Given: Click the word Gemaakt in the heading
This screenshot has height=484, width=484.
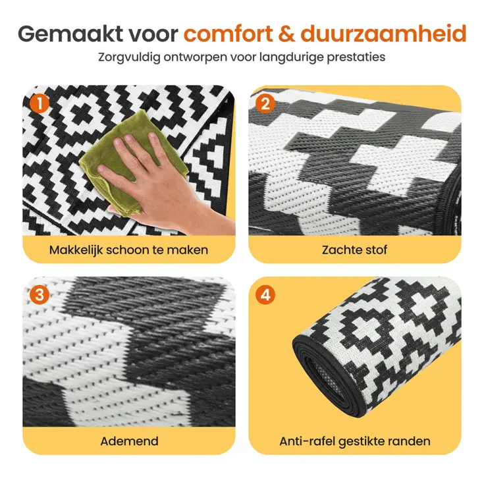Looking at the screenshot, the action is pyautogui.click(x=71, y=34).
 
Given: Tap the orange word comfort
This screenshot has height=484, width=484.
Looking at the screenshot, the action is pyautogui.click(x=229, y=34).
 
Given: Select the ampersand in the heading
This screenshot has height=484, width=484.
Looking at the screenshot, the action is pyautogui.click(x=286, y=34).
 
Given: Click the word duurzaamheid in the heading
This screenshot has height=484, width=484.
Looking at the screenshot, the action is pyautogui.click(x=383, y=34).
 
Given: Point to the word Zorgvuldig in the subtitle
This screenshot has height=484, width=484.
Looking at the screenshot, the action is pyautogui.click(x=129, y=58).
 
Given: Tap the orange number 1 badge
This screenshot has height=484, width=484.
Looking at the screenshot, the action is pyautogui.click(x=40, y=103).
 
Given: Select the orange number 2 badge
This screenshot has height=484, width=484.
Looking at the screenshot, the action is pyautogui.click(x=265, y=103).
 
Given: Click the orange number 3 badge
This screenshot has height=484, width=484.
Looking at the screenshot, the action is pyautogui.click(x=40, y=295).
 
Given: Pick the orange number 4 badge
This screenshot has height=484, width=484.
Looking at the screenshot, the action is pyautogui.click(x=265, y=295).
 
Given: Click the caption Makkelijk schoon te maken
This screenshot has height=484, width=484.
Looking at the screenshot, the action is pyautogui.click(x=128, y=250).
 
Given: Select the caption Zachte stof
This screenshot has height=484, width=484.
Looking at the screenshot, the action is pyautogui.click(x=354, y=250).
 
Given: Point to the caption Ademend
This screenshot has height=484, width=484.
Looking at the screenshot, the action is pyautogui.click(x=129, y=441).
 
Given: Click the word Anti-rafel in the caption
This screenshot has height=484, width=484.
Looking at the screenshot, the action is pyautogui.click(x=307, y=441).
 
